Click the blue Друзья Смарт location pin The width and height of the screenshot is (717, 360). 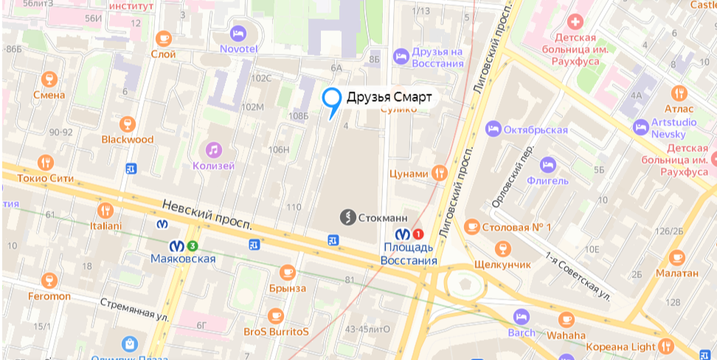[332, 99]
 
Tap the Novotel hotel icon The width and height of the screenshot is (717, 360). [238, 33]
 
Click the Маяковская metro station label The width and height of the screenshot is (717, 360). [182, 258]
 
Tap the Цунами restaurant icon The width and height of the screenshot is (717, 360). [440, 173]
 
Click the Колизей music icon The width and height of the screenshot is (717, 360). [214, 150]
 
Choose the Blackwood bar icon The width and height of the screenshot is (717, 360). [128, 123]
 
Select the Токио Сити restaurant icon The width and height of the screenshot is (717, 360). [46, 162]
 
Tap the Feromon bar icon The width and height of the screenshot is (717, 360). [49, 280]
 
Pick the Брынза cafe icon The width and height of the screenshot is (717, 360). [287, 272]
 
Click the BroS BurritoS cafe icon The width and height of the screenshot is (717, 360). [276, 316]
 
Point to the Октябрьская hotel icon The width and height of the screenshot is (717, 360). [493, 129]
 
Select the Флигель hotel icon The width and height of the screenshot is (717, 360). [547, 165]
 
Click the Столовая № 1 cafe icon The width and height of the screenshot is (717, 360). [471, 226]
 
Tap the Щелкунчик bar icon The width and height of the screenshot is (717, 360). [503, 248]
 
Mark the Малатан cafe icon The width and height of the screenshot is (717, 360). [676, 257]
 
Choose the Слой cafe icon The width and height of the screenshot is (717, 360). [163, 38]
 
